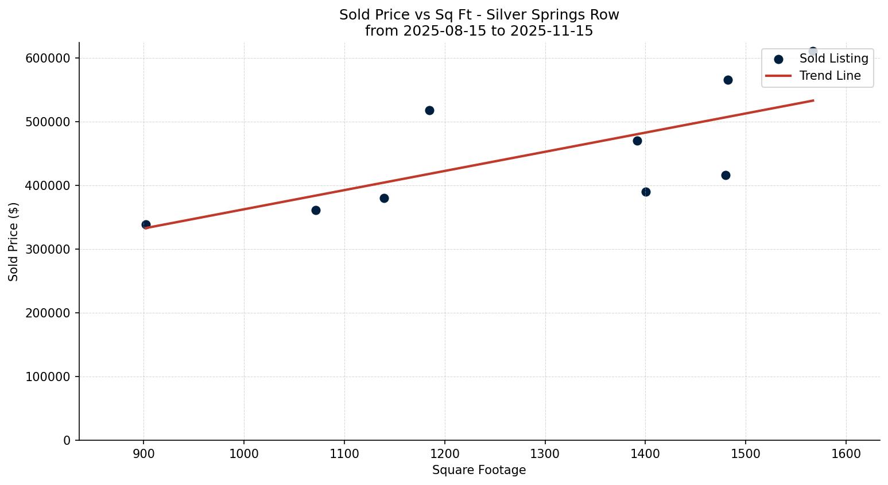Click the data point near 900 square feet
tap(146, 224)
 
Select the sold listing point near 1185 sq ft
tap(429, 110)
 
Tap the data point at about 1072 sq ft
tap(316, 210)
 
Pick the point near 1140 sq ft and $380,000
tap(384, 198)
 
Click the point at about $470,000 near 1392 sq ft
tap(637, 141)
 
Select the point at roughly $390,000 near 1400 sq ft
tap(646, 192)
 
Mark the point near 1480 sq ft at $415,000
tap(726, 175)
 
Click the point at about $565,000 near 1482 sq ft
tap(728, 80)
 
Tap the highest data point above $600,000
tap(813, 52)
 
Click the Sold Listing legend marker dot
tap(778, 59)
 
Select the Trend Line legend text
tap(830, 76)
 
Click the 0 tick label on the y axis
tap(67, 440)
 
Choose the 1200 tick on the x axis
tap(444, 454)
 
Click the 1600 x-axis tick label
tap(846, 454)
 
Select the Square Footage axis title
tap(479, 471)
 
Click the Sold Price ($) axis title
tap(13, 242)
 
